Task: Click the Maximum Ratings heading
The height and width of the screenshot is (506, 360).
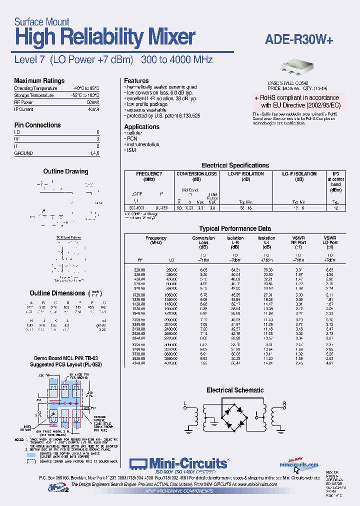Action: click(x=39, y=81)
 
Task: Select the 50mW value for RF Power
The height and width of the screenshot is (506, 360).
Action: click(x=93, y=102)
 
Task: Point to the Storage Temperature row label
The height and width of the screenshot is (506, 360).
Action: click(x=34, y=95)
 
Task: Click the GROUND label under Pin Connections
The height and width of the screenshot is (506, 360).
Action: click(x=23, y=153)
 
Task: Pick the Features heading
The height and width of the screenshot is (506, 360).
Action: click(x=136, y=81)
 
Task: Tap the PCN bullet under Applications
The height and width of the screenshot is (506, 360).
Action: click(x=132, y=139)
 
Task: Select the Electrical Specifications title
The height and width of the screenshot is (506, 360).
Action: click(x=235, y=165)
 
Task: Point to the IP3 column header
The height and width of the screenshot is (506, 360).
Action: click(x=335, y=174)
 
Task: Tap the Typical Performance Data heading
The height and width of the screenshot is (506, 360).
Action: click(x=235, y=228)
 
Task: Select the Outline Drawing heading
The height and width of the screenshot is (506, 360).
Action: click(x=65, y=171)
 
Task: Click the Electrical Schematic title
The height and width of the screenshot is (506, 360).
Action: click(x=235, y=390)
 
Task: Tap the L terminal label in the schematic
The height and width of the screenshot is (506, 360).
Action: click(x=185, y=403)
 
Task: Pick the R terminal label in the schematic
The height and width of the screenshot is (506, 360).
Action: click(x=284, y=403)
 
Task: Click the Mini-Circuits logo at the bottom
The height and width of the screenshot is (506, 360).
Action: click(x=178, y=463)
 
